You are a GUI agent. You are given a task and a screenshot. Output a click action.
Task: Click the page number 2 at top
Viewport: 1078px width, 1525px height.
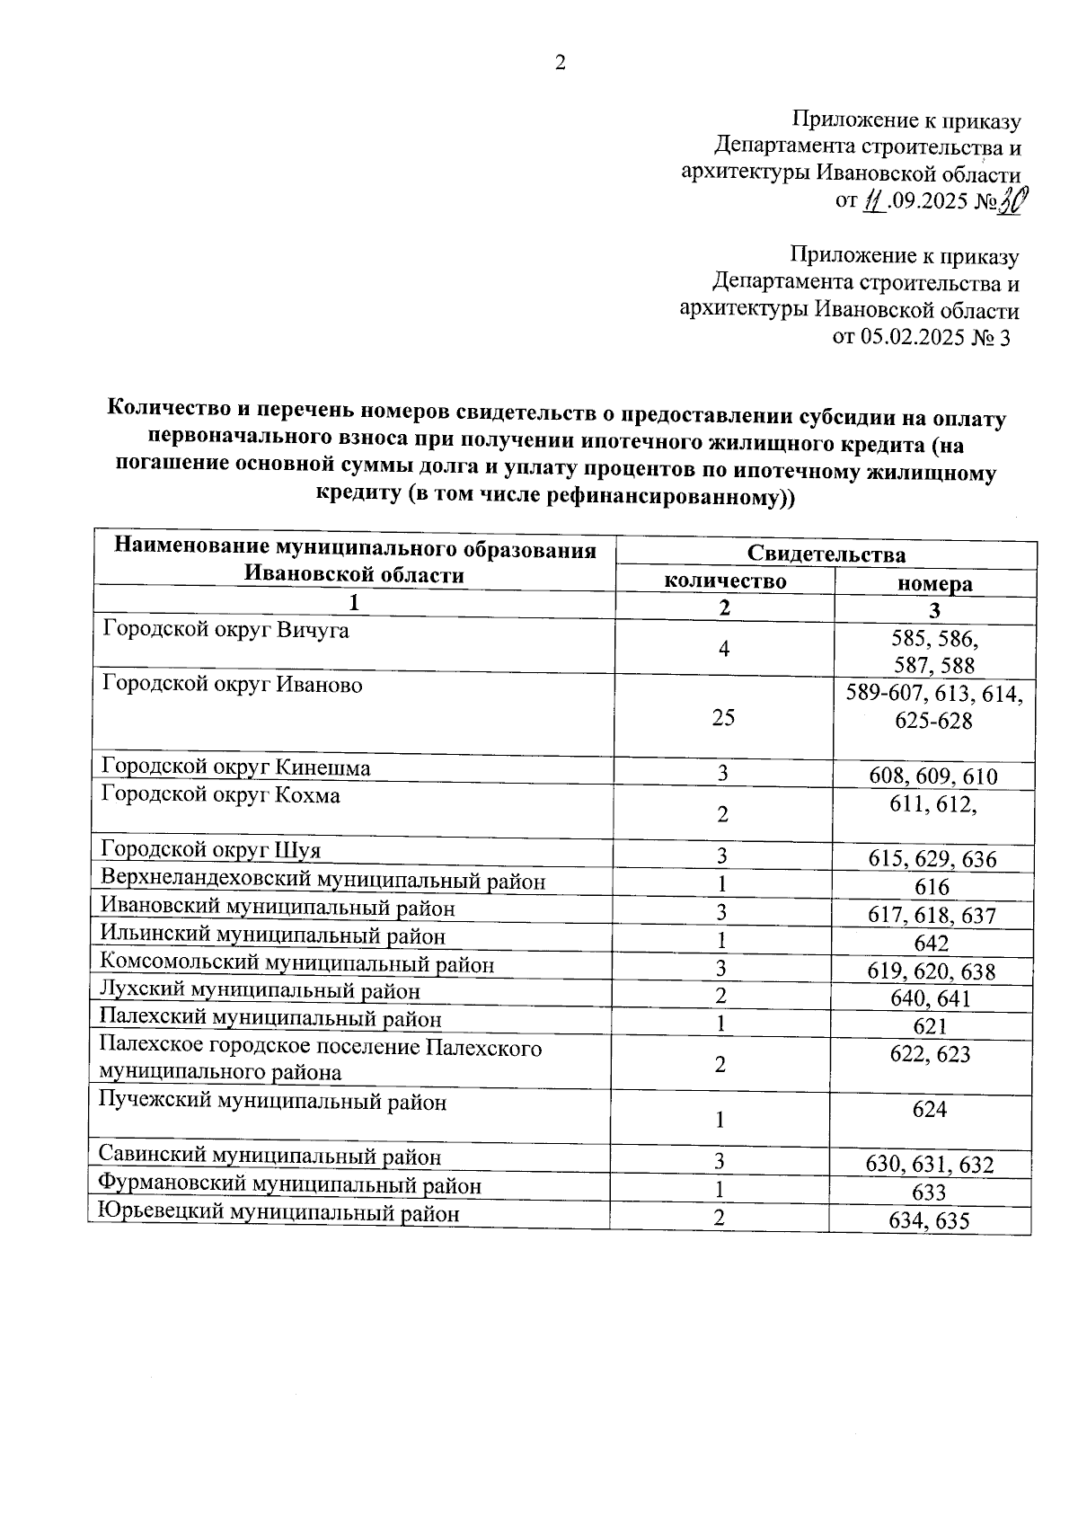[x=561, y=63]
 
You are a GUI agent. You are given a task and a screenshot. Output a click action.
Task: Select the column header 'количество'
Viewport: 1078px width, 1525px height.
[x=725, y=581]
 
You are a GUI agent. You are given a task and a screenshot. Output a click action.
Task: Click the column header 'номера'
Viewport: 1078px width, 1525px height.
[x=935, y=584]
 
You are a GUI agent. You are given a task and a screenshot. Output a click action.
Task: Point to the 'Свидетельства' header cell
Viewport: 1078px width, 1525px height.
[x=826, y=554]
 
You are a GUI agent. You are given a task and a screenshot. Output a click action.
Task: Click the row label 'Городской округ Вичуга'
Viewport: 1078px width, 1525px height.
[x=225, y=630]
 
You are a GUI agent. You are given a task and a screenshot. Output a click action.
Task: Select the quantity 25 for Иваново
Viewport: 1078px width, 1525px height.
[x=723, y=717]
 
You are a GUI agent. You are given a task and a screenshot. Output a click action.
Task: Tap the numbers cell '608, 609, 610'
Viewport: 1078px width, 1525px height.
[x=933, y=776]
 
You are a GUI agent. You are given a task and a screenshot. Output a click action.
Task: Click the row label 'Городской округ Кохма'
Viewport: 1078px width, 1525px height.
[x=220, y=795]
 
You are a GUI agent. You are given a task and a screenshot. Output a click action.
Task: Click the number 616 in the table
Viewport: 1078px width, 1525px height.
[x=932, y=888]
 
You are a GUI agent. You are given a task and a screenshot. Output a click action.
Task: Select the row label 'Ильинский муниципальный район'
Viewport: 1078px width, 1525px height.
[x=272, y=936]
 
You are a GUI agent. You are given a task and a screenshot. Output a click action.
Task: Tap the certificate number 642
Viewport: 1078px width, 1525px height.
[x=932, y=944]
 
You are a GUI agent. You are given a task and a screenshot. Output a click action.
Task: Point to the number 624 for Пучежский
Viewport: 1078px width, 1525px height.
[x=930, y=1110]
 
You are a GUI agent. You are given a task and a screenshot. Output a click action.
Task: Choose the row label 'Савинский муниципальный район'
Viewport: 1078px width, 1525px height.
[x=269, y=1157]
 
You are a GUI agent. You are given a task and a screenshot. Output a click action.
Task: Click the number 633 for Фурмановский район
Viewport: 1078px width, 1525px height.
[x=929, y=1193]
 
